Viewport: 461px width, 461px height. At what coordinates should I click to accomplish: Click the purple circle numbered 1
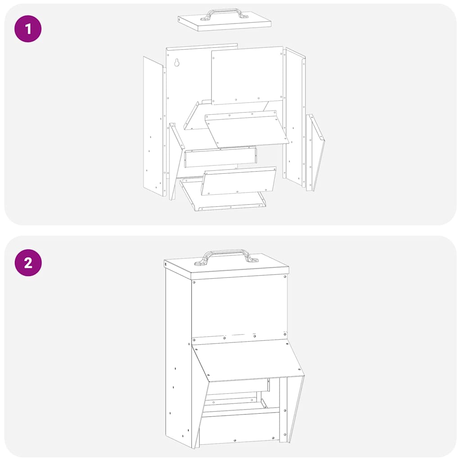point(28,29)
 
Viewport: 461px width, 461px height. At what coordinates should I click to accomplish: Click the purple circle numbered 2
point(28,262)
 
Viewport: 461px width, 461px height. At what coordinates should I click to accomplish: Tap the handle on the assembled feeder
point(225,256)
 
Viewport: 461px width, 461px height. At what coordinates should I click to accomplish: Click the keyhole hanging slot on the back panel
point(176,62)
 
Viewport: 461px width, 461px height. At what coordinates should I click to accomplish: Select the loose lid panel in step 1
point(224,21)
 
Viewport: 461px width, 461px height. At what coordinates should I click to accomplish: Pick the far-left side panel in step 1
point(154,127)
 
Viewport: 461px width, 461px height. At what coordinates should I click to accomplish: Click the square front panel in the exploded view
point(248,75)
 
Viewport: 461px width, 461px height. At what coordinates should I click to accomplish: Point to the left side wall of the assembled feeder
point(178,357)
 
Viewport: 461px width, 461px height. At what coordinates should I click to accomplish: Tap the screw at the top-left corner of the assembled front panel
point(194,282)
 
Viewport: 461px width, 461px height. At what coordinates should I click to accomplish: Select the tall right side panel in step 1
point(294,117)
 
